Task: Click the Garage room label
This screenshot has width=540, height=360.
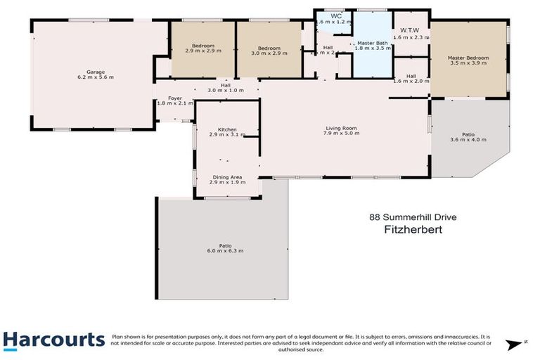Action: coord(91,71)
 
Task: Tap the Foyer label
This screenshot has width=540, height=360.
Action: coord(165,98)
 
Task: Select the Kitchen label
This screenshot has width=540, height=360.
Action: coord(226,129)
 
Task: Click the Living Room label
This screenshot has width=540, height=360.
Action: coord(341,128)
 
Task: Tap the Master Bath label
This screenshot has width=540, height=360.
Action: coord(371,43)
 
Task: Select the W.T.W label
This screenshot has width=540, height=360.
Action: coord(410,30)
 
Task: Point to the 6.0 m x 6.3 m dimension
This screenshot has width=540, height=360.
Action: coord(225,251)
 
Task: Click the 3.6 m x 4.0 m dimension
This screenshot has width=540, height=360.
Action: coord(468,139)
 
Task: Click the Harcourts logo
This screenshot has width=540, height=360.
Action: coord(53,340)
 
